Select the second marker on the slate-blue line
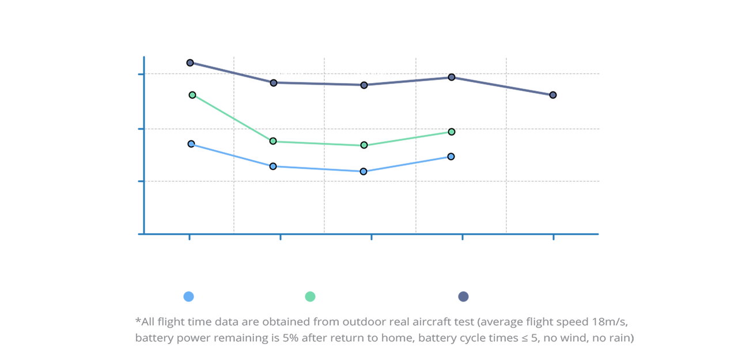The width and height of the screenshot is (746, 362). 273,83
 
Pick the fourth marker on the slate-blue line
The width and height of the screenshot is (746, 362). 452,77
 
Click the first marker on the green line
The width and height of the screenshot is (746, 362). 192,96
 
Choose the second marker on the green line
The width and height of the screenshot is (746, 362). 273,140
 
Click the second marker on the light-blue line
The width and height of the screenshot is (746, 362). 273,167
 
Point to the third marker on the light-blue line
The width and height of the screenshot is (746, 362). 363,171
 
